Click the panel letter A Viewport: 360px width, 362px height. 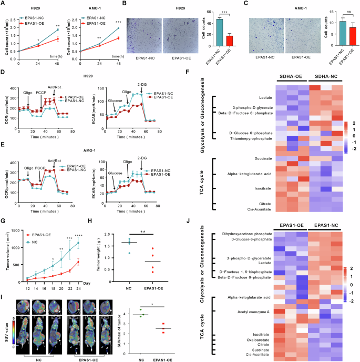pos(4,4)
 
